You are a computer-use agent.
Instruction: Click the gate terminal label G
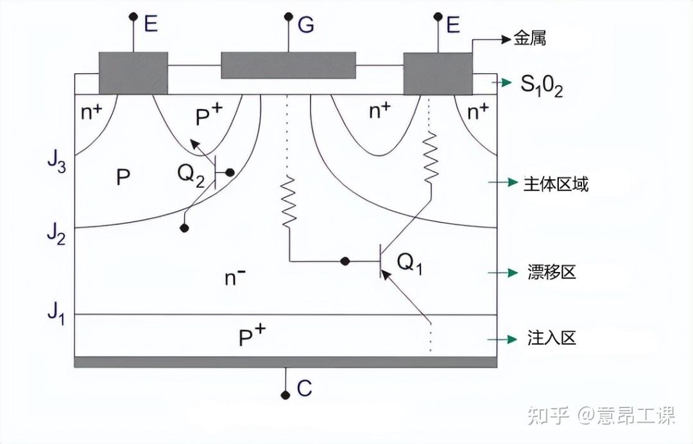point(306,24)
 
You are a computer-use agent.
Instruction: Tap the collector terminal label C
point(304,388)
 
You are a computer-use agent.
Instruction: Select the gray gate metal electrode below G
point(288,65)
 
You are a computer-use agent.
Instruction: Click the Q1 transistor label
point(409,263)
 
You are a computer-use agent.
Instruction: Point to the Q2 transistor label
point(191,175)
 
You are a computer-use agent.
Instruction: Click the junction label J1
point(56,314)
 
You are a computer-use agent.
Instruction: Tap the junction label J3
point(56,162)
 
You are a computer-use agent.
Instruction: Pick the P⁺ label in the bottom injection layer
point(252,336)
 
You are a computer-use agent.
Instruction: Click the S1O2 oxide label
point(542,85)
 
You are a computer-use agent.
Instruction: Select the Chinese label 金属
point(529,39)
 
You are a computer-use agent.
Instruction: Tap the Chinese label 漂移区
point(552,272)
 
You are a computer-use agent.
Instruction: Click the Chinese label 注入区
point(552,338)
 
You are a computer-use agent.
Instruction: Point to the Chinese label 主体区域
point(556,184)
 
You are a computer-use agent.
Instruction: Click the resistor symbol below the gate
point(289,202)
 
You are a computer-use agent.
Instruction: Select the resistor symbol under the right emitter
point(431,158)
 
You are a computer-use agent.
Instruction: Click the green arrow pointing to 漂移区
point(502,273)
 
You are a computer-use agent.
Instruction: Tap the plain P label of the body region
point(123,177)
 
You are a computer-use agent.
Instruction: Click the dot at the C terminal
point(286,395)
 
